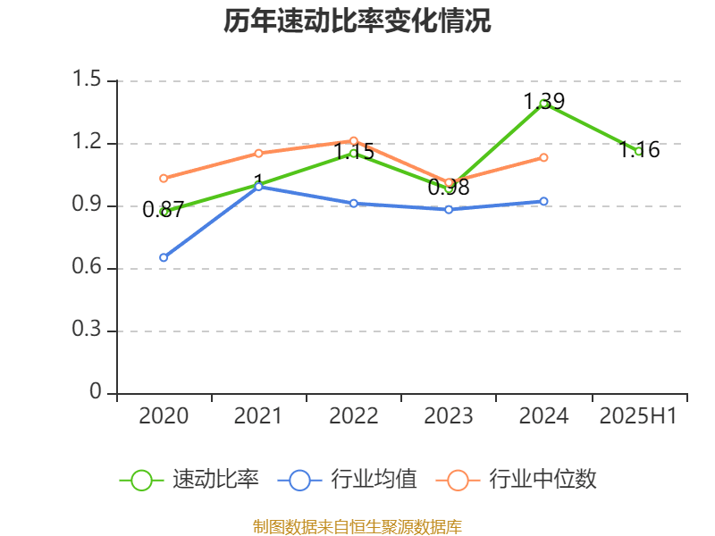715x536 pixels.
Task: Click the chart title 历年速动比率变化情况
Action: click(357, 21)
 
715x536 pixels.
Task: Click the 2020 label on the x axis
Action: click(164, 415)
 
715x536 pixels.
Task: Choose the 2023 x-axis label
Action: click(449, 415)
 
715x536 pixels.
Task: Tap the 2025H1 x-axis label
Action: click(638, 415)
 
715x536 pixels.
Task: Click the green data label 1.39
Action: click(543, 101)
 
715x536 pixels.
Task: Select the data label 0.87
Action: click(163, 210)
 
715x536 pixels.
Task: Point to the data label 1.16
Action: click(639, 149)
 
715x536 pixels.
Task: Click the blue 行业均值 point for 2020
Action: click(164, 257)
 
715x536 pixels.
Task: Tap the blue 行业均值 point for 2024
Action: click(543, 201)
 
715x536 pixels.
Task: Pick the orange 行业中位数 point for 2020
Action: click(164, 178)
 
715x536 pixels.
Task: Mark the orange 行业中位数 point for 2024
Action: click(543, 157)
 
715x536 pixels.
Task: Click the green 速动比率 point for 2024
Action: click(543, 104)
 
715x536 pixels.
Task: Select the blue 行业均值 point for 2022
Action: click(354, 203)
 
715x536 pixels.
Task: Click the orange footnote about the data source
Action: click(357, 526)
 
